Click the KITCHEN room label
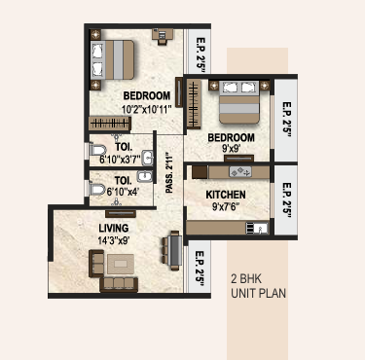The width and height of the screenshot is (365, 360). [226, 195]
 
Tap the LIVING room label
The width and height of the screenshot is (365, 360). [114, 228]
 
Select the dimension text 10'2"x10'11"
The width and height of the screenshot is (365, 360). [146, 109]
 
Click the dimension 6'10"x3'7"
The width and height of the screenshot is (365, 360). [120, 160]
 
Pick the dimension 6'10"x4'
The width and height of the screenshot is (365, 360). [123, 192]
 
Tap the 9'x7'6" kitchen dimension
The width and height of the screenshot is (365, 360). [226, 206]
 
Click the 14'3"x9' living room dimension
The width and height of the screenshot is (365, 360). [114, 240]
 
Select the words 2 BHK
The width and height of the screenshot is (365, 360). [246, 279]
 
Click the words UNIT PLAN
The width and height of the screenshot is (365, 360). [259, 293]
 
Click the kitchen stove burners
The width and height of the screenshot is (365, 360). [240, 171]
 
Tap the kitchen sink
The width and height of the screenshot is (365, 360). [257, 228]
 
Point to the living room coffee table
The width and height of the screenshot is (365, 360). [121, 264]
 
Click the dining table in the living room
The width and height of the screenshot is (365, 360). [175, 250]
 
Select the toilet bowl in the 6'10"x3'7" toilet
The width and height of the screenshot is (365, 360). [98, 150]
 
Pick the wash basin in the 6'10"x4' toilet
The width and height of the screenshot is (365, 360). [144, 176]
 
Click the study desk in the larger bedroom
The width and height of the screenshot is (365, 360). [163, 34]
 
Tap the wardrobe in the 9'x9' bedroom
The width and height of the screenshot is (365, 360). [194, 104]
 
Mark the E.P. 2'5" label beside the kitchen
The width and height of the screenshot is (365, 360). [286, 199]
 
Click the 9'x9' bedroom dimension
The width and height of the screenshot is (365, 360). [231, 149]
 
